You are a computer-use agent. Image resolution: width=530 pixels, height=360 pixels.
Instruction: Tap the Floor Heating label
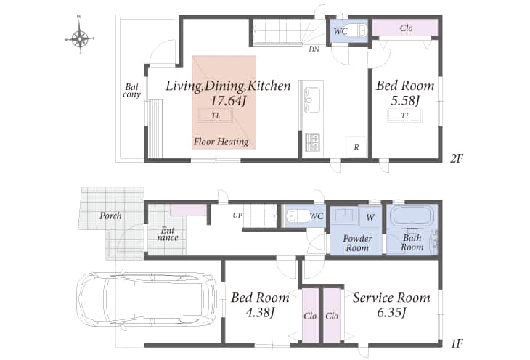[x=221, y=142]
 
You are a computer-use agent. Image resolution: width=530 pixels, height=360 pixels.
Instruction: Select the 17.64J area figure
[x=228, y=100]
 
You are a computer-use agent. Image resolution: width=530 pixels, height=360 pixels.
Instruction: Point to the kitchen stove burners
[x=313, y=142]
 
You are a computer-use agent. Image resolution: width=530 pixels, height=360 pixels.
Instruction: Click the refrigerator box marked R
[x=356, y=147]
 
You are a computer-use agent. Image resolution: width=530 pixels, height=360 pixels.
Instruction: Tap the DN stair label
[x=314, y=49]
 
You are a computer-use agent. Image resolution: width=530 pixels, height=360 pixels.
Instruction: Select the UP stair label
[x=237, y=216]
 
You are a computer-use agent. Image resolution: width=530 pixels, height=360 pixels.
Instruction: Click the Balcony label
[x=131, y=91]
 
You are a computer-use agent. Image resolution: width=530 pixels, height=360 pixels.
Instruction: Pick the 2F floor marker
[x=457, y=158]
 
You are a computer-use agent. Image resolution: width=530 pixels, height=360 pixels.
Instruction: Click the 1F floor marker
[x=457, y=343]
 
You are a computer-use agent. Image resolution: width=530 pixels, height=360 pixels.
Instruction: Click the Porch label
[x=110, y=216]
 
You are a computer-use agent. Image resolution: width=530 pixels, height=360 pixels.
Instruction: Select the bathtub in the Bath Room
[x=412, y=216]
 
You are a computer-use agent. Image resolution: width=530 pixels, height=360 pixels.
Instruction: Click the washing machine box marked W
[x=371, y=217]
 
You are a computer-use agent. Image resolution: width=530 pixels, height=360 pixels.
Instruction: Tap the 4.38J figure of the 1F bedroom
[x=260, y=312]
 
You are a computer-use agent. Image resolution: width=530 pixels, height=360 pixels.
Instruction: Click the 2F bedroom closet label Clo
[x=406, y=28]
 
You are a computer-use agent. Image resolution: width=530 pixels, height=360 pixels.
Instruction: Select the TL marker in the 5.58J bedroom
[x=405, y=116]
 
